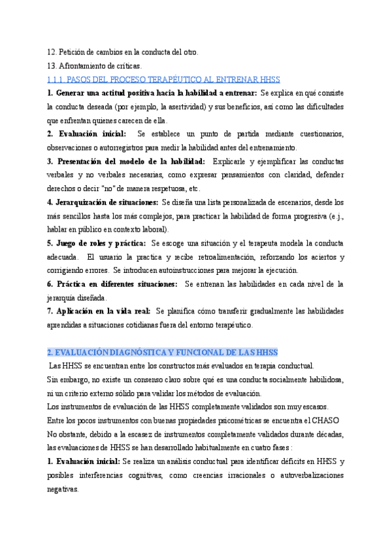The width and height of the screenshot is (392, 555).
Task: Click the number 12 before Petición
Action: point(51,52)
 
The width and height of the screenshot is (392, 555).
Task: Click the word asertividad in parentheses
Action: point(186,107)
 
